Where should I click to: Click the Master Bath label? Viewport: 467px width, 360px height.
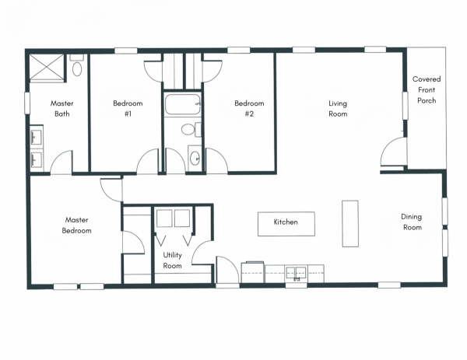[62, 109]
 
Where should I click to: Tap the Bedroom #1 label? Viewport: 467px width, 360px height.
[128, 109]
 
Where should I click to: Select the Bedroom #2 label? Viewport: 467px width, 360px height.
[249, 109]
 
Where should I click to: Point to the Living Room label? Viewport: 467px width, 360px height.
[338, 109]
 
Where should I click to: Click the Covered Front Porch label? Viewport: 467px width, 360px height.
[427, 89]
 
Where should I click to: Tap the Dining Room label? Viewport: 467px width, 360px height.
[412, 222]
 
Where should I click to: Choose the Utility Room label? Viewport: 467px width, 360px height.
[173, 260]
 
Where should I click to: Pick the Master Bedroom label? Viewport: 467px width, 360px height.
[76, 225]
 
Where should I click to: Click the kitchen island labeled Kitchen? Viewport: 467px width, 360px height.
[286, 224]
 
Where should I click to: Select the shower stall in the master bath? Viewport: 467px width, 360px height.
[47, 68]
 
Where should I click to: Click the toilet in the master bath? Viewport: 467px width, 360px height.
[77, 65]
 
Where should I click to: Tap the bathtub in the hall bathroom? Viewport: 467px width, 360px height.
[183, 104]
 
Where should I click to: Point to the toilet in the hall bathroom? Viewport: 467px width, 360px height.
[191, 130]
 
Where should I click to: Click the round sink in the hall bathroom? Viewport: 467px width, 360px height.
[195, 159]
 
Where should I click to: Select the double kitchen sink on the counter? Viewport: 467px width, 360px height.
[296, 273]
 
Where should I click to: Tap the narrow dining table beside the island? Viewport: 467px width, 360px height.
[350, 224]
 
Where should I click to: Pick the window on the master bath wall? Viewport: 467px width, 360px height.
[27, 103]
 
